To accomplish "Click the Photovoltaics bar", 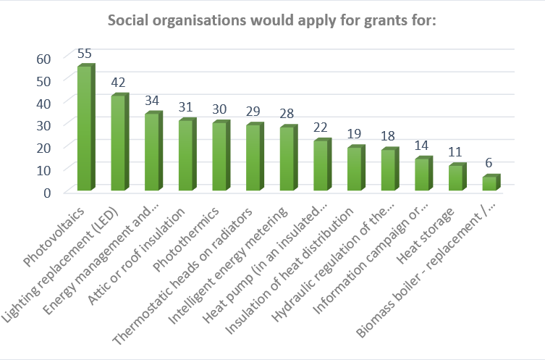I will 84,129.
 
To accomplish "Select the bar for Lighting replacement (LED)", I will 118,143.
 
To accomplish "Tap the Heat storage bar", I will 456,178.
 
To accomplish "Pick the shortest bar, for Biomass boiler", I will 490,183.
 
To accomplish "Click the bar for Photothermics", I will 219,156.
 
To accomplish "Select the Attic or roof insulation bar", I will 185,156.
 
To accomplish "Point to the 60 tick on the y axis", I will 43,58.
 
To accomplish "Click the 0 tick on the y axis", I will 47,192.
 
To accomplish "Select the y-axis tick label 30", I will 43,125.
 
